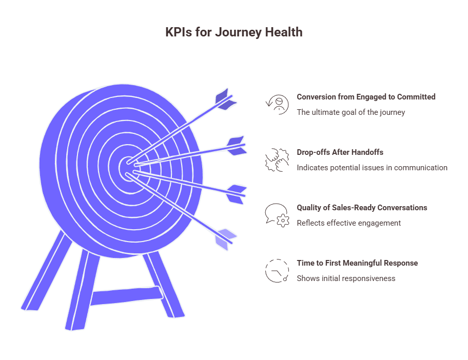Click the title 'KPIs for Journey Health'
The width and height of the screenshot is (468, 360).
click(x=233, y=32)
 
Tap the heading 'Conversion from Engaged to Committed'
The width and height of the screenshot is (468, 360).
click(x=366, y=96)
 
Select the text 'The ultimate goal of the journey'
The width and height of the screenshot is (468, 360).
click(x=350, y=112)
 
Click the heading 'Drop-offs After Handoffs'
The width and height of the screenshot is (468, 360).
click(x=340, y=152)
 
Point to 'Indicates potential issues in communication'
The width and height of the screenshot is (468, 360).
click(x=372, y=167)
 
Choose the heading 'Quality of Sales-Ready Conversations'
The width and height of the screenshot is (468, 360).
click(x=362, y=207)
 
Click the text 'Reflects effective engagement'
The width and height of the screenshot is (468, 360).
click(x=348, y=223)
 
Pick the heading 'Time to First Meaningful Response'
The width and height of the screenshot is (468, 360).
click(x=357, y=263)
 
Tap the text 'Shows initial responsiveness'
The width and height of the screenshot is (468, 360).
click(x=346, y=278)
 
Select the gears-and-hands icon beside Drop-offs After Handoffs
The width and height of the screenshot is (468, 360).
click(x=277, y=159)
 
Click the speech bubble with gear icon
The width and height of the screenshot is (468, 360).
click(x=277, y=215)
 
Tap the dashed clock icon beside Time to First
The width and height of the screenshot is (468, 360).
click(x=277, y=270)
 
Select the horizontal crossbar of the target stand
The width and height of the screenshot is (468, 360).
click(x=126, y=296)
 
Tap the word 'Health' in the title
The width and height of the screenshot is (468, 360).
click(x=283, y=32)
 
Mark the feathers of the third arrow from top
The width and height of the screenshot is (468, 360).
click(x=236, y=194)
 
